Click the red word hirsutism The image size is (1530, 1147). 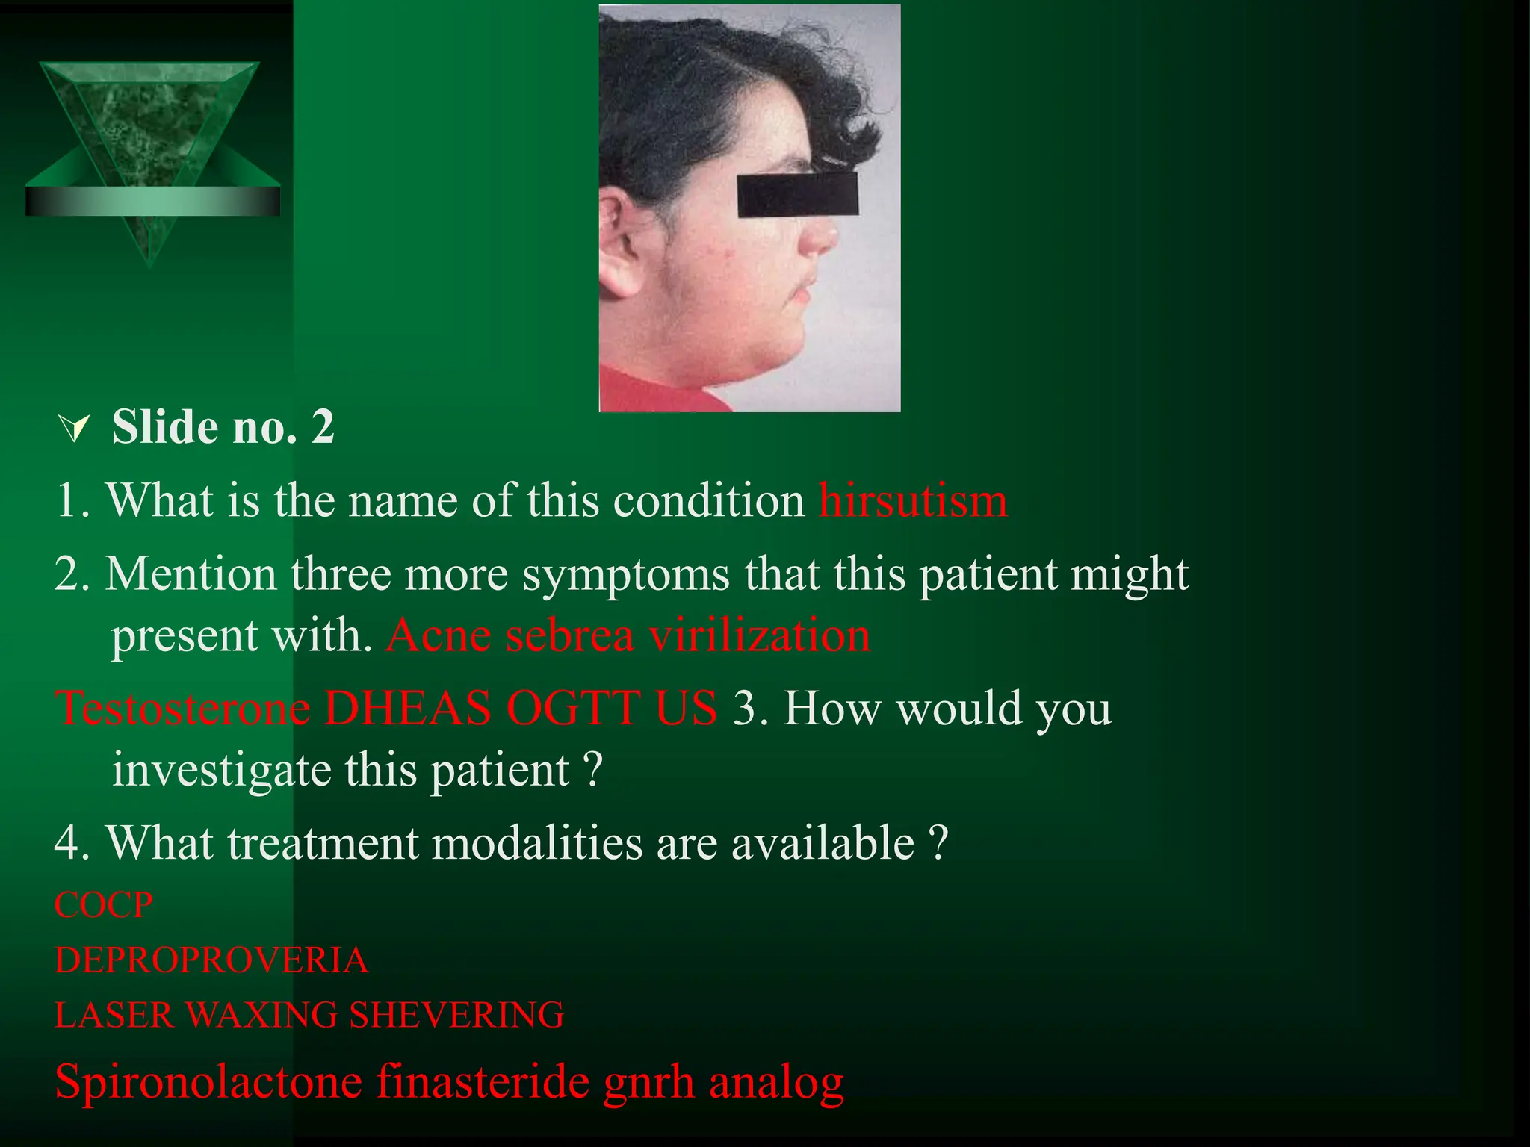(913, 501)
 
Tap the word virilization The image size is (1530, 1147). (760, 636)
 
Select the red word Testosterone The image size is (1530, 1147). (183, 708)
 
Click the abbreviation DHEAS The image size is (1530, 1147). (407, 708)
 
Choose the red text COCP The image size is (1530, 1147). (104, 905)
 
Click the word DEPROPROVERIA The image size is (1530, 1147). (211, 960)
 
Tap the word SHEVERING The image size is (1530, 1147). (456, 1015)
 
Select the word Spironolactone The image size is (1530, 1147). (208, 1081)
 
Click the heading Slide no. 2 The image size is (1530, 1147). (223, 427)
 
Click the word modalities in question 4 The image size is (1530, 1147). (536, 843)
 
